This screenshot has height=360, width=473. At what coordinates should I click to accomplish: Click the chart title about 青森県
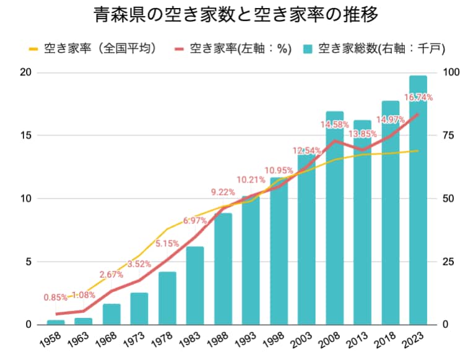[236, 15]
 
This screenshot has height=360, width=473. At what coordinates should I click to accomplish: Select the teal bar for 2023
[418, 200]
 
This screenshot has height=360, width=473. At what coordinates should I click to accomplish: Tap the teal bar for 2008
[334, 218]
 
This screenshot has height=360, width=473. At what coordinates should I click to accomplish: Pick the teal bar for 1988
[223, 269]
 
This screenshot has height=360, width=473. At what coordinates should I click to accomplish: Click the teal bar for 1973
[139, 309]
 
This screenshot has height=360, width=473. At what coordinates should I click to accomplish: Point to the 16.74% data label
[419, 97]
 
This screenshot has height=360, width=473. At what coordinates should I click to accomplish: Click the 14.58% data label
[334, 124]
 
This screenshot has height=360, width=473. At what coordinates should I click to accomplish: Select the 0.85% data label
[56, 298]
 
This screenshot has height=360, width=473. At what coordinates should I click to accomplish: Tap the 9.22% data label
[223, 192]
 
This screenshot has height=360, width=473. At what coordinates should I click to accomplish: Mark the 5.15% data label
[167, 243]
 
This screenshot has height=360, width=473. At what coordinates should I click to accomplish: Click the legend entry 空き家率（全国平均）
[93, 48]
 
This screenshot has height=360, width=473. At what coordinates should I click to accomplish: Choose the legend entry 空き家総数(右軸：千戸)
[375, 48]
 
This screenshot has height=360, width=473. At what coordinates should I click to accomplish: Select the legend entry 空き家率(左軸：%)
[233, 48]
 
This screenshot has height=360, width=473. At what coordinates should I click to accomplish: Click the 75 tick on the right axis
[448, 135]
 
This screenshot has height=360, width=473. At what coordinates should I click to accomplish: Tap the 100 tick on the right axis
[451, 72]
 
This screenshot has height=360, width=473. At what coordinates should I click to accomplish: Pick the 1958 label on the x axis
[50, 340]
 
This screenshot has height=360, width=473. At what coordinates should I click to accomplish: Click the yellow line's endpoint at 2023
[418, 151]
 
